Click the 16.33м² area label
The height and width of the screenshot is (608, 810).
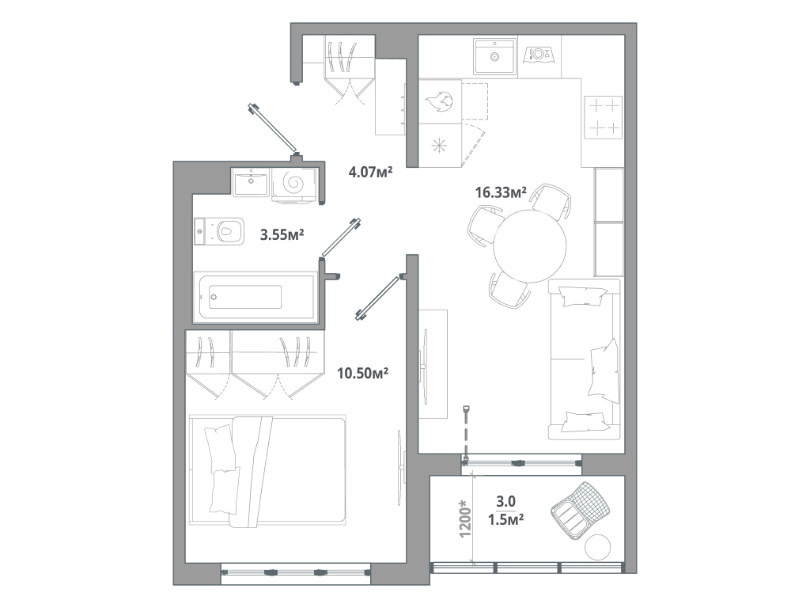point(501,192)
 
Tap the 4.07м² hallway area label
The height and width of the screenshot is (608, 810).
point(370,172)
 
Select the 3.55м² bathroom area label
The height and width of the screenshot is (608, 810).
point(282,235)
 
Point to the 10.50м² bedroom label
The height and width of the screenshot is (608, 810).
point(362,373)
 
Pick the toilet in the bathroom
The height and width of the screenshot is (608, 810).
point(219,231)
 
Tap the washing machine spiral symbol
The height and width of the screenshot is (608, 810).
point(293,183)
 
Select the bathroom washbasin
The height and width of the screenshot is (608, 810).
point(251,183)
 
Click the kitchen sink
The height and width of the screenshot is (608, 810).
point(494,56)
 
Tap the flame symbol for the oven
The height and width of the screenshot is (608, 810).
point(440,102)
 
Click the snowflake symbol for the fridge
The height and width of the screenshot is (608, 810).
point(440,146)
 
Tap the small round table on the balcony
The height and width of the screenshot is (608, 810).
point(598,546)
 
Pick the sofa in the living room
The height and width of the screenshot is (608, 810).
point(585,359)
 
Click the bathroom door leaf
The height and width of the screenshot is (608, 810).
point(341,237)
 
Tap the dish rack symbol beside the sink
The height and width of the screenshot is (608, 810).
point(539,55)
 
